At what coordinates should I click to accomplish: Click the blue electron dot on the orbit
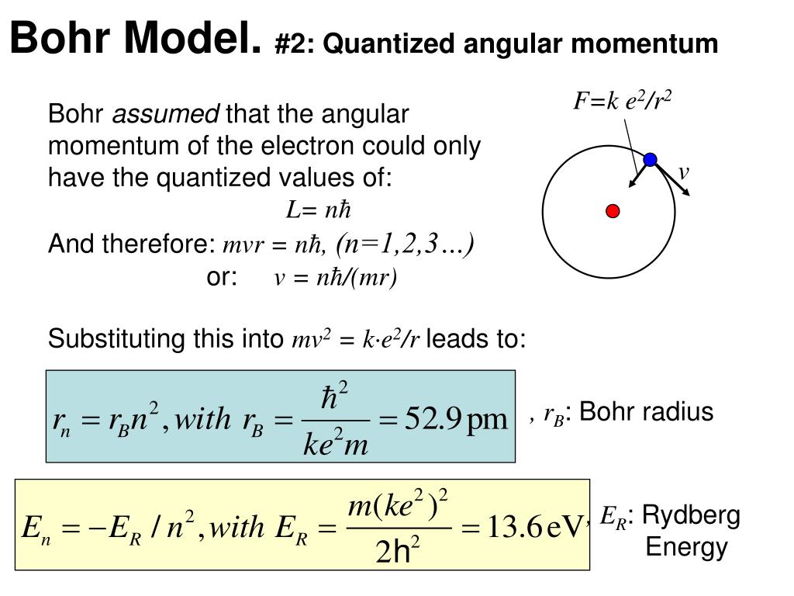coord(650,160)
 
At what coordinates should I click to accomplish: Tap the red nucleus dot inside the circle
coord(613,211)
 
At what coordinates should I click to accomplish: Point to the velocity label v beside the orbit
coord(684,172)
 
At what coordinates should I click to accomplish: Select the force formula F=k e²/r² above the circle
coord(622,100)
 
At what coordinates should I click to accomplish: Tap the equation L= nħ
coord(319,210)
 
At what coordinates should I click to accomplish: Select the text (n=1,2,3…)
coord(405,244)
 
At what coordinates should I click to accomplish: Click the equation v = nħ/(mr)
coord(335,279)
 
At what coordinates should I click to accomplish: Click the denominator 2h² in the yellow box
coord(398,552)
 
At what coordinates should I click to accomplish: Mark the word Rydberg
coord(692,515)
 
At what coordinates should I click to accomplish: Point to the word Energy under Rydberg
coord(686,548)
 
